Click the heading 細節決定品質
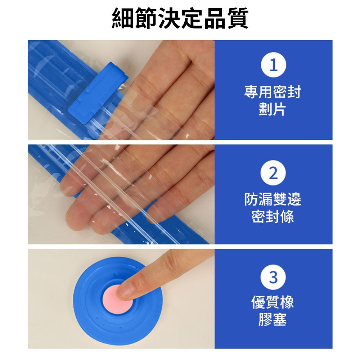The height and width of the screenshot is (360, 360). click(180, 18)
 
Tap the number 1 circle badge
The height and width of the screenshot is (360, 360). click(273, 65)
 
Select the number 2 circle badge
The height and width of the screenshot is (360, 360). click(273, 173)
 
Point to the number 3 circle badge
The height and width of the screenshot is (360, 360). click(273, 277)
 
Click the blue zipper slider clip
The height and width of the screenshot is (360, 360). click(98, 93)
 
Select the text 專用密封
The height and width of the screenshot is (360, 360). click(273, 92)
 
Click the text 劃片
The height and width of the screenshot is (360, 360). click(272, 109)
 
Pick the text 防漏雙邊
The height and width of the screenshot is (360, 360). click(273, 199)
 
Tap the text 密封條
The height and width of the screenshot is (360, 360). click(273, 216)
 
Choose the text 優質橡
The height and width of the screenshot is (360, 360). click(273, 302)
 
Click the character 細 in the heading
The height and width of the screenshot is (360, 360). click(123, 18)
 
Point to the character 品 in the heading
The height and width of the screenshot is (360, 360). click(215, 18)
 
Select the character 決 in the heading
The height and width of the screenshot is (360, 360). click(169, 18)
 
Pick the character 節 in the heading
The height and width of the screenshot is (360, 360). click(146, 18)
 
